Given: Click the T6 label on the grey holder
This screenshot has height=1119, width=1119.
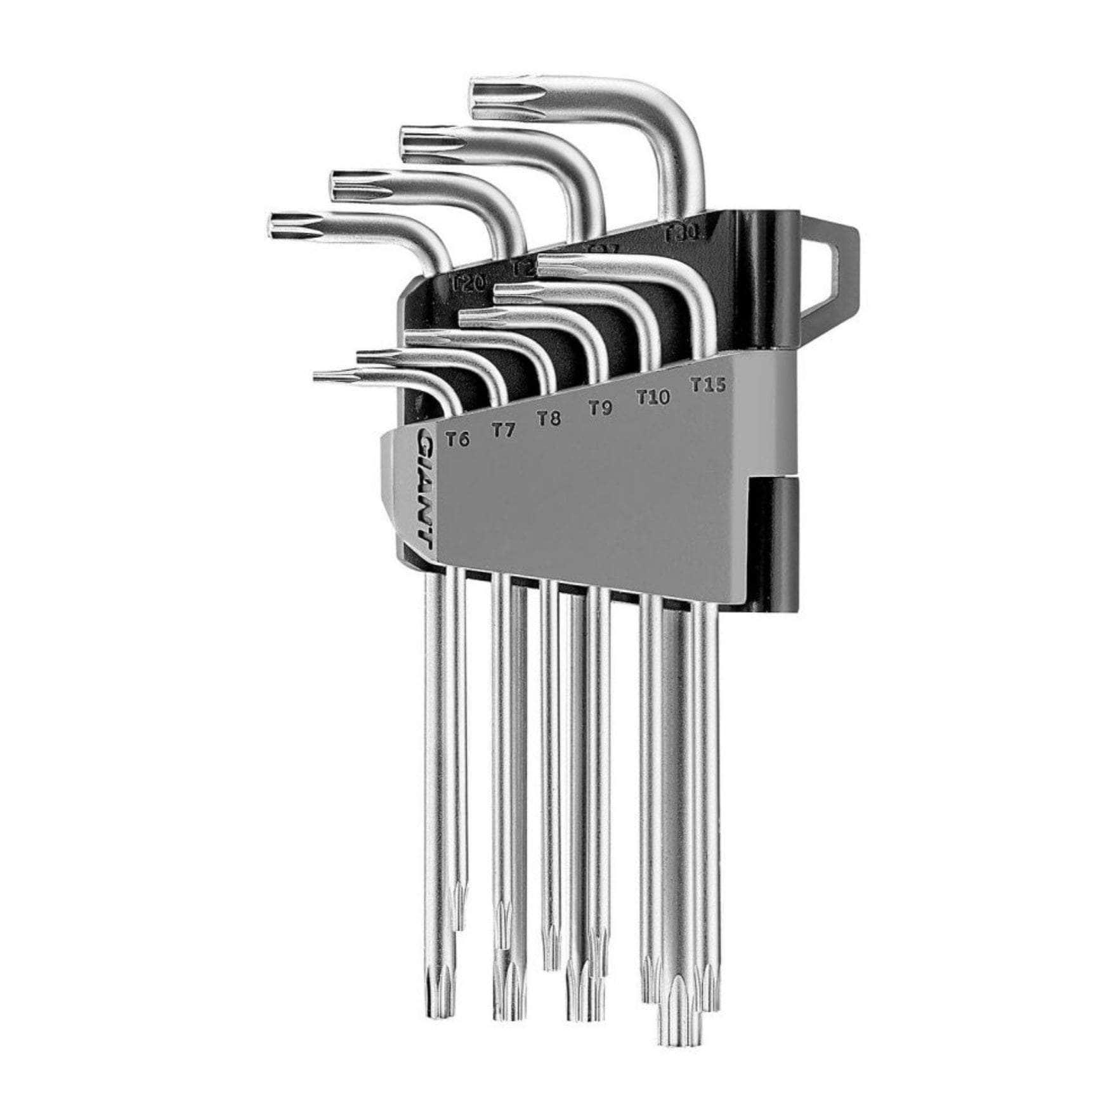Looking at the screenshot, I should click(x=457, y=439).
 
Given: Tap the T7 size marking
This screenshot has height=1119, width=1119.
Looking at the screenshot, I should click(x=504, y=430).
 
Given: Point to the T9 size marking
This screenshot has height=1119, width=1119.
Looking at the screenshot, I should click(x=599, y=408).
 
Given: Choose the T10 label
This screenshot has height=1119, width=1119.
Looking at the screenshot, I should click(x=653, y=397).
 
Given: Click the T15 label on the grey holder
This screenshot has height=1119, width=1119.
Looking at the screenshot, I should click(x=708, y=384).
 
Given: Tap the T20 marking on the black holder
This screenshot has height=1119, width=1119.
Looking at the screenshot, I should click(x=468, y=282).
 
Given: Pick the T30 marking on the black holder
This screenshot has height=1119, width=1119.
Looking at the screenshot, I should click(x=680, y=234).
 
